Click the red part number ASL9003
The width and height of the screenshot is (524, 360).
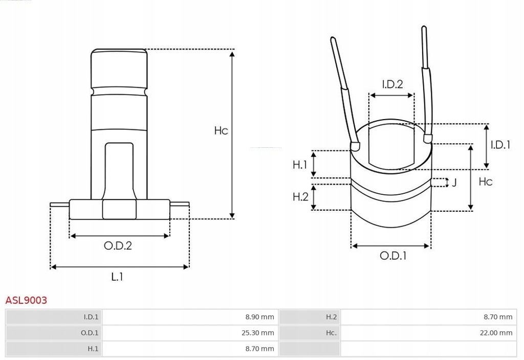tap(26, 300)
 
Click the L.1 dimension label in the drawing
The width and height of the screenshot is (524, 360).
tap(117, 277)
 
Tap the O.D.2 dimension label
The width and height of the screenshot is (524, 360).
tap(118, 245)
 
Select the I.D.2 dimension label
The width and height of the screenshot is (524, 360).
tap(392, 84)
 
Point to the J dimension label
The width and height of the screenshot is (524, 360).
tap(454, 183)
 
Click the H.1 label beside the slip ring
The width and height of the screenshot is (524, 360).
tap(300, 164)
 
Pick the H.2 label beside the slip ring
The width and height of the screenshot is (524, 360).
tap(300, 196)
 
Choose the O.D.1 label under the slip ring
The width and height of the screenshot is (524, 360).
tap(393, 256)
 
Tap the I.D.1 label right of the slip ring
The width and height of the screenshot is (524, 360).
tap(500, 145)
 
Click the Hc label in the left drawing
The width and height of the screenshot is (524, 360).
tap(221, 130)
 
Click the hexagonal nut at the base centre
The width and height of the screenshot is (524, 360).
tap(119, 209)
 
